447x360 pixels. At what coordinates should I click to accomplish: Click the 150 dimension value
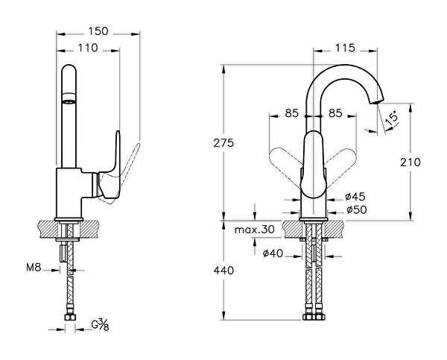(98, 31)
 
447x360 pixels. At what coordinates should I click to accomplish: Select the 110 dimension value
(88, 48)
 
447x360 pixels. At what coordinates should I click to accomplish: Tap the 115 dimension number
(345, 48)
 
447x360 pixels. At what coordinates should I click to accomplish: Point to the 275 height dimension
(223, 142)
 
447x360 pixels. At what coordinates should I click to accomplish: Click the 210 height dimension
(410, 162)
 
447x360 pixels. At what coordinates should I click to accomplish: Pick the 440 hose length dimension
(223, 271)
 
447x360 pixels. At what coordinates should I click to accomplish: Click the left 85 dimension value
(291, 113)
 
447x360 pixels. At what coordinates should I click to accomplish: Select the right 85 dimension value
(335, 113)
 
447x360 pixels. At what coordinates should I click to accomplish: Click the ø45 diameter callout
(355, 197)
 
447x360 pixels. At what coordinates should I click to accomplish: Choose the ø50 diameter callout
(357, 210)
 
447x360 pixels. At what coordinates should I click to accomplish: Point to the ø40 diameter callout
(273, 253)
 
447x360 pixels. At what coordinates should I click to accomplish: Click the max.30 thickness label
(255, 230)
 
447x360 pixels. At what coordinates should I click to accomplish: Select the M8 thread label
(34, 268)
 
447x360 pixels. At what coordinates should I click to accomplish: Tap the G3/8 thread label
(100, 325)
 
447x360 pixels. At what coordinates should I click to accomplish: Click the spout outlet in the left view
(69, 101)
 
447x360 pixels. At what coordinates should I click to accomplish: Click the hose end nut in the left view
(70, 318)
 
